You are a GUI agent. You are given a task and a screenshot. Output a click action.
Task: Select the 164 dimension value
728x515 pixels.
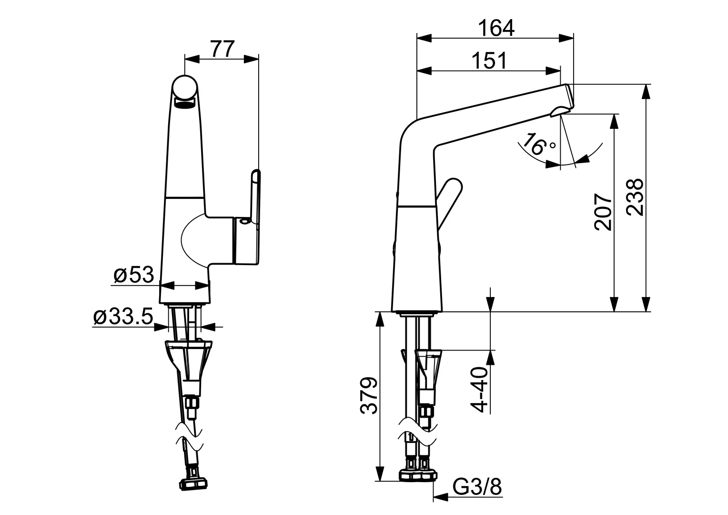(x=496, y=28)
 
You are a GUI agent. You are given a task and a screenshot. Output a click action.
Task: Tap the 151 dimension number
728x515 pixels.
(x=489, y=61)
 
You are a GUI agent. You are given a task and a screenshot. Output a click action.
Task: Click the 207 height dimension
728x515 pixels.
(x=603, y=212)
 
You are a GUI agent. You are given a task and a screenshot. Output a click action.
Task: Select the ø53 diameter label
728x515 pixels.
(x=134, y=275)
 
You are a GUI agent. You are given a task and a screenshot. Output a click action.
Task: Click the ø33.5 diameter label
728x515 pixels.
(x=123, y=317)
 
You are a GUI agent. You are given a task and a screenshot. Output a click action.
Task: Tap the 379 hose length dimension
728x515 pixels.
(x=369, y=396)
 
